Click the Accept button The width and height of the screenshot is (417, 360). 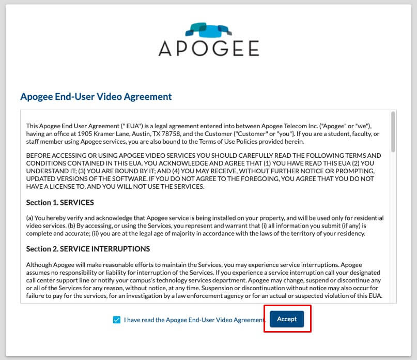(287, 319)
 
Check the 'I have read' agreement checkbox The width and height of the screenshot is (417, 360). (116, 320)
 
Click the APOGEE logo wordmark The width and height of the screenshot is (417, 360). (209, 49)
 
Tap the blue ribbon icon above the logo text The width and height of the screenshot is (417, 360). (209, 30)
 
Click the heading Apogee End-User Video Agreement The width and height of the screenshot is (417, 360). (96, 97)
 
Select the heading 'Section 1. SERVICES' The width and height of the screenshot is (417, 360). (60, 202)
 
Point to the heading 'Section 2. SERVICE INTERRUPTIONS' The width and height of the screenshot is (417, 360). (88, 249)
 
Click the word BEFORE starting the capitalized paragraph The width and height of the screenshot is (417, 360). (39, 156)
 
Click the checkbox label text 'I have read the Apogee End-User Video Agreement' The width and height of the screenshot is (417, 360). (194, 320)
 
